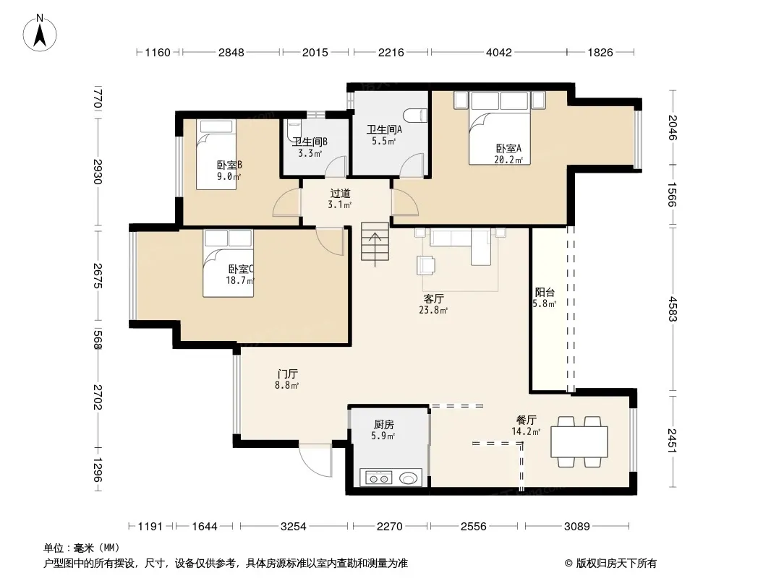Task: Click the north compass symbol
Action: point(40,33)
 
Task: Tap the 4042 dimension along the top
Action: point(498,53)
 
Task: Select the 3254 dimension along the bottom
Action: point(293,527)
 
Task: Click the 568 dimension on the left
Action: point(98,340)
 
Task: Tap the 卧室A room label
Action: point(508,148)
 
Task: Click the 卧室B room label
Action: point(229,165)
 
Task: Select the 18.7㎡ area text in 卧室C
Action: point(240,281)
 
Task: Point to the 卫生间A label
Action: point(384,129)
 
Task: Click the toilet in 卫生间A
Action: point(415,116)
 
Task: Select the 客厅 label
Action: point(433,298)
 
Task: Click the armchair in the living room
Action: point(426,265)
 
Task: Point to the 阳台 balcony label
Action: point(545,292)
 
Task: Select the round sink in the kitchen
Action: point(408,478)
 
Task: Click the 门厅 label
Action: point(287,374)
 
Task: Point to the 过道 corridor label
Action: point(340,194)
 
